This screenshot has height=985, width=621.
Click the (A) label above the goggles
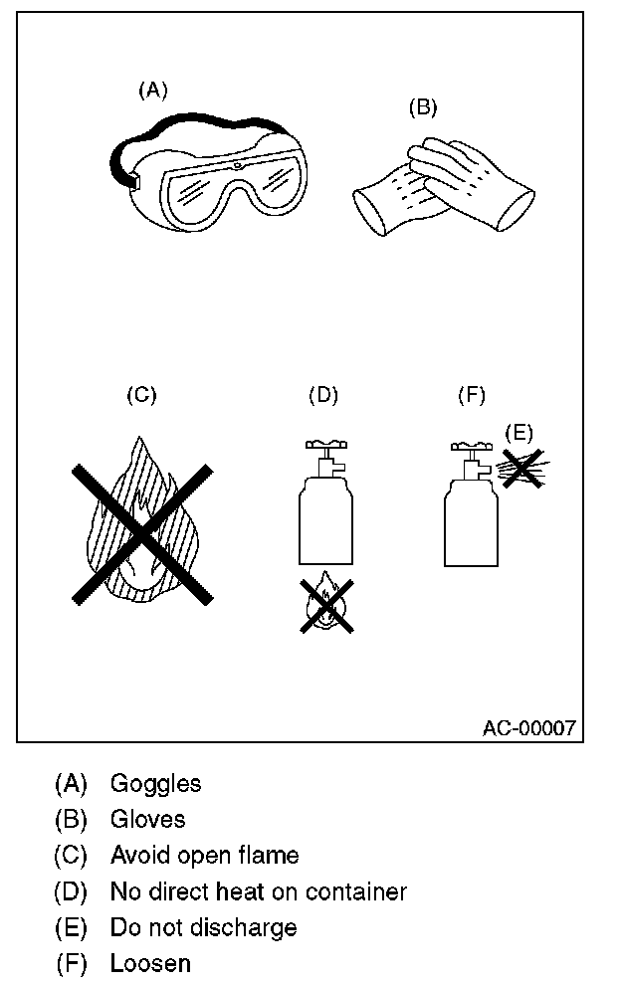coord(152,91)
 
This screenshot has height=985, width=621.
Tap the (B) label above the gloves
coord(423,107)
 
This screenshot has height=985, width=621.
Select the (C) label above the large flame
coord(141,395)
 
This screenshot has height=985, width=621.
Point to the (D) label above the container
coord(323,395)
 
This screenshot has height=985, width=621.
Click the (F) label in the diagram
coord(471,395)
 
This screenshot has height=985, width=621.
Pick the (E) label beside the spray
coord(518,432)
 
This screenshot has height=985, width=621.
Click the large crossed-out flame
coord(143,532)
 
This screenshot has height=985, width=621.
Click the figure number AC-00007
coord(528,728)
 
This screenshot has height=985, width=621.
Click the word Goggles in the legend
coord(155,784)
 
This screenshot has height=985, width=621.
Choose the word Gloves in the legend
coord(147,820)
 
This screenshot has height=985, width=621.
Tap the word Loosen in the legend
coord(150,963)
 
